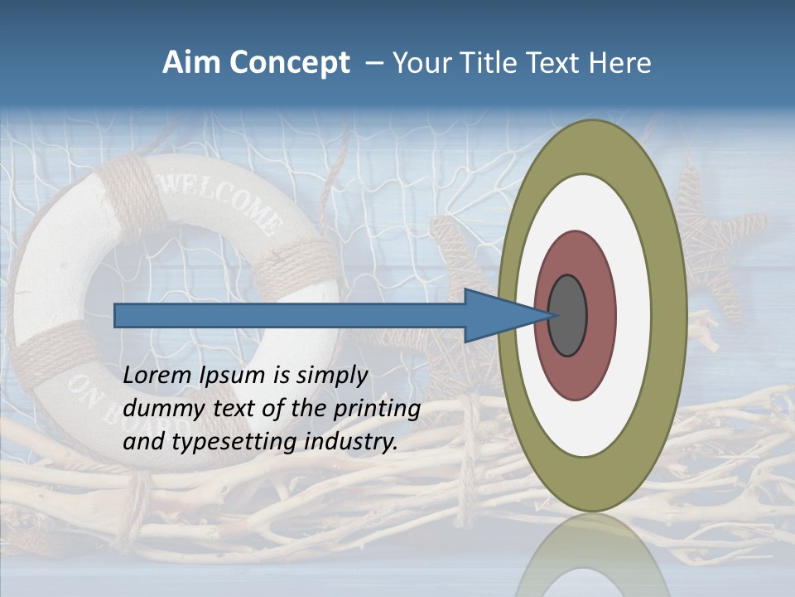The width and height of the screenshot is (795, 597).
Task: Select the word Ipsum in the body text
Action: pyautogui.click(x=230, y=376)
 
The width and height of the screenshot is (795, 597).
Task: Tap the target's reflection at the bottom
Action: pyautogui.click(x=592, y=556)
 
